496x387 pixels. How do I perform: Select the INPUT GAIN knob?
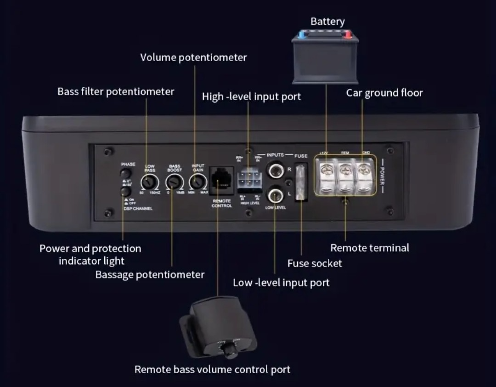(197, 183)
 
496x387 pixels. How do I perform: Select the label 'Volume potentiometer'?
(193, 57)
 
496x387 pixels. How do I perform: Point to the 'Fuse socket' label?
(315, 263)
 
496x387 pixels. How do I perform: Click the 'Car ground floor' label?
(384, 93)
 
